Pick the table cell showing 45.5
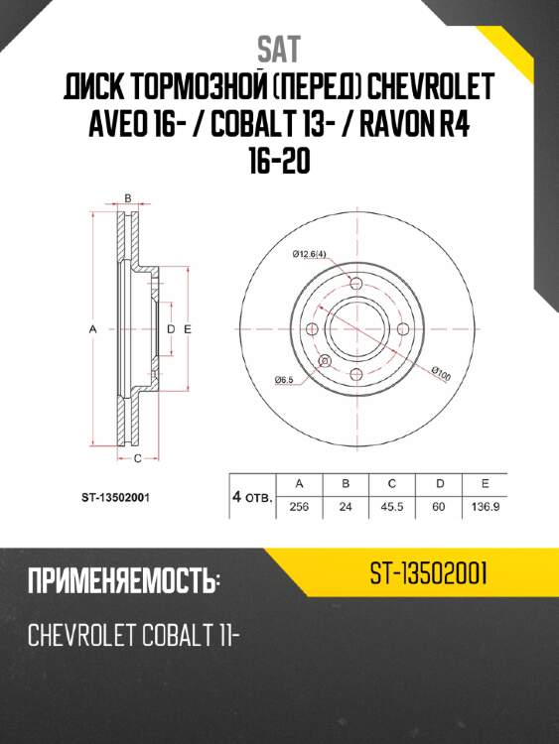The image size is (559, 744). click(392, 506)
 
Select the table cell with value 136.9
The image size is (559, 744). click(485, 506)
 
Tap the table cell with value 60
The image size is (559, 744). click(439, 506)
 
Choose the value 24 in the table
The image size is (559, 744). click(346, 506)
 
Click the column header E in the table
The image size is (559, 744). click(485, 483)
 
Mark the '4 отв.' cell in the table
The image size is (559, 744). click(252, 495)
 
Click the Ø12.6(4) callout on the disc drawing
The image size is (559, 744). click(312, 254)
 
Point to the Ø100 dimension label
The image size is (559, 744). click(441, 374)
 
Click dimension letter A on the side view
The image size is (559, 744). click(90, 328)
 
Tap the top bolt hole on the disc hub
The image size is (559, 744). click(355, 286)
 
